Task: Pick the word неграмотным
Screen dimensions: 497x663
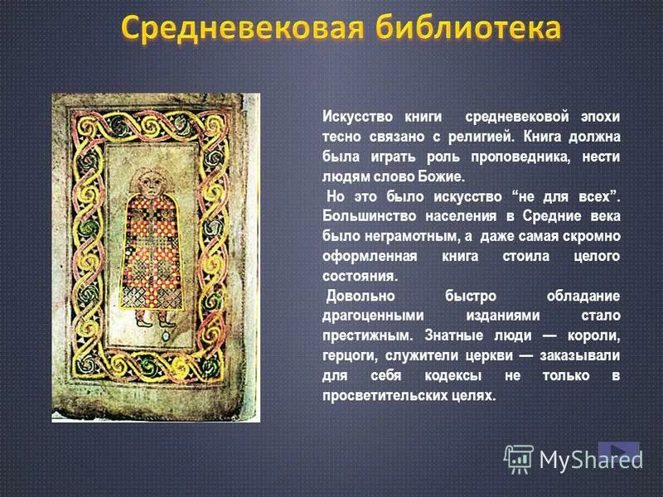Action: [x=393, y=236]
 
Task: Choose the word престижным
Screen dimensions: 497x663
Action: [x=365, y=335]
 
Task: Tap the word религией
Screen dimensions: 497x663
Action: [x=469, y=137]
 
